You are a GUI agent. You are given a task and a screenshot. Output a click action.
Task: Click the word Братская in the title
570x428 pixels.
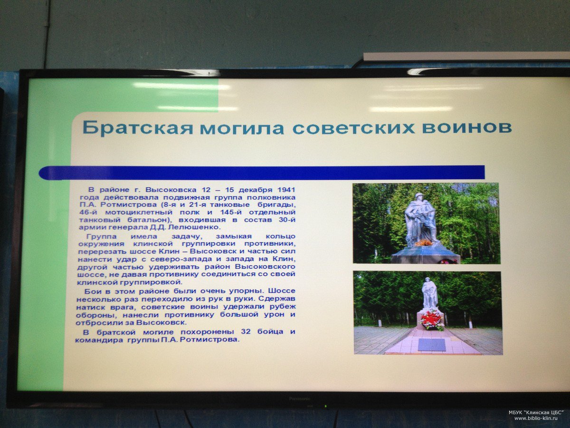click(x=138, y=128)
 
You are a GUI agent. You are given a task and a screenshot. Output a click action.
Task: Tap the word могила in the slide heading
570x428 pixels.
click(x=242, y=128)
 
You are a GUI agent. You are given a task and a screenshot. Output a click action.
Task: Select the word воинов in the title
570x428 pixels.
click(x=467, y=127)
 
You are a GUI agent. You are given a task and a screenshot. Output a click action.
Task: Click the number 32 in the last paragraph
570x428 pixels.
click(x=246, y=332)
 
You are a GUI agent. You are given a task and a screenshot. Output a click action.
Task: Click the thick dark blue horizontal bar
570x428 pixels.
click(x=262, y=172)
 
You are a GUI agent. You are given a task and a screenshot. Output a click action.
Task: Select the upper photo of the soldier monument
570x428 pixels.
click(x=426, y=223)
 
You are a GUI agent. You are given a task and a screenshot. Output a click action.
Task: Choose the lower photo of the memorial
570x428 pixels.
click(x=428, y=313)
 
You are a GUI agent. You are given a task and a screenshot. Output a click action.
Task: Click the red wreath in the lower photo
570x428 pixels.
click(x=432, y=320)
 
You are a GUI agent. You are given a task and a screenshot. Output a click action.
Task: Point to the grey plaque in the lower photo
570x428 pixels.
click(x=432, y=344)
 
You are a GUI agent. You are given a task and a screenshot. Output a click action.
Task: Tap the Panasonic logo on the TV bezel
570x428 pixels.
click(x=300, y=399)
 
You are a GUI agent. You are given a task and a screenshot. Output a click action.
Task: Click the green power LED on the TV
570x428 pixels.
click(x=325, y=405)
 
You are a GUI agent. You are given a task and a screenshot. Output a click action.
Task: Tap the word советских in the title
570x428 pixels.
click(x=352, y=127)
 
